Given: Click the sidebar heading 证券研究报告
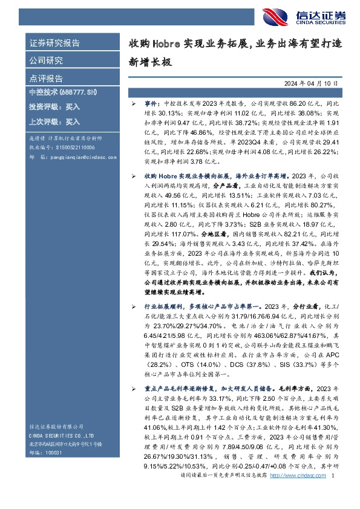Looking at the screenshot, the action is (54, 44).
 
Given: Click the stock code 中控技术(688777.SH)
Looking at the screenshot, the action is (63, 92).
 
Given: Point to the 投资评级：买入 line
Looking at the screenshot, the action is (54, 106).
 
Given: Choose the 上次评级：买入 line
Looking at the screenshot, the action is (54, 121).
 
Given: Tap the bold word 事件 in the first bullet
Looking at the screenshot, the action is (152, 104).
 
